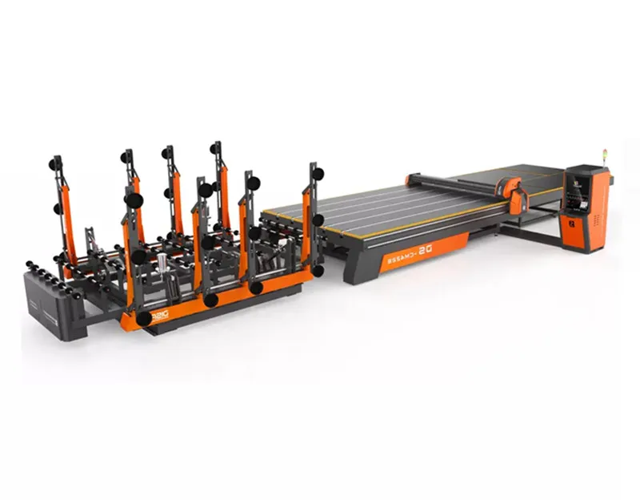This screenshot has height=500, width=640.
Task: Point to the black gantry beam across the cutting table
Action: [x=456, y=184]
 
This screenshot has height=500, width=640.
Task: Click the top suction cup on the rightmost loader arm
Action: [x=318, y=174]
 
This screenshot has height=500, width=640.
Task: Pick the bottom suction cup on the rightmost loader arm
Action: [x=318, y=271]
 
